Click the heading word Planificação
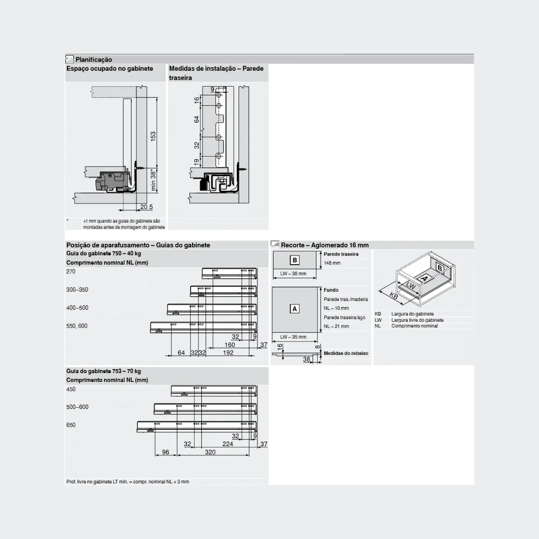click(93, 60)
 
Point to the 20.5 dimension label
click(146, 207)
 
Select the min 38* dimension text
click(153, 181)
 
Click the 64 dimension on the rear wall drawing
click(196, 119)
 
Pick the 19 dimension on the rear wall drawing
click(196, 162)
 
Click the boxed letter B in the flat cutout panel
click(295, 260)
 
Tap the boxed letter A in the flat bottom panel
click(295, 309)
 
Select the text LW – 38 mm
click(293, 274)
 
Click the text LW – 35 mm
click(293, 337)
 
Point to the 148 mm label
click(332, 263)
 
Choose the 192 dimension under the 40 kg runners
click(228, 353)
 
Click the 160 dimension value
click(230, 345)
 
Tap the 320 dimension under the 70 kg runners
click(210, 452)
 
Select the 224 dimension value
click(228, 444)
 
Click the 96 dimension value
click(166, 452)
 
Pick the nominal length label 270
click(71, 272)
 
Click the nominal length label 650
click(71, 425)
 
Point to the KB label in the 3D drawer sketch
click(393, 296)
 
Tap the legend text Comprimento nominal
click(414, 326)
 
